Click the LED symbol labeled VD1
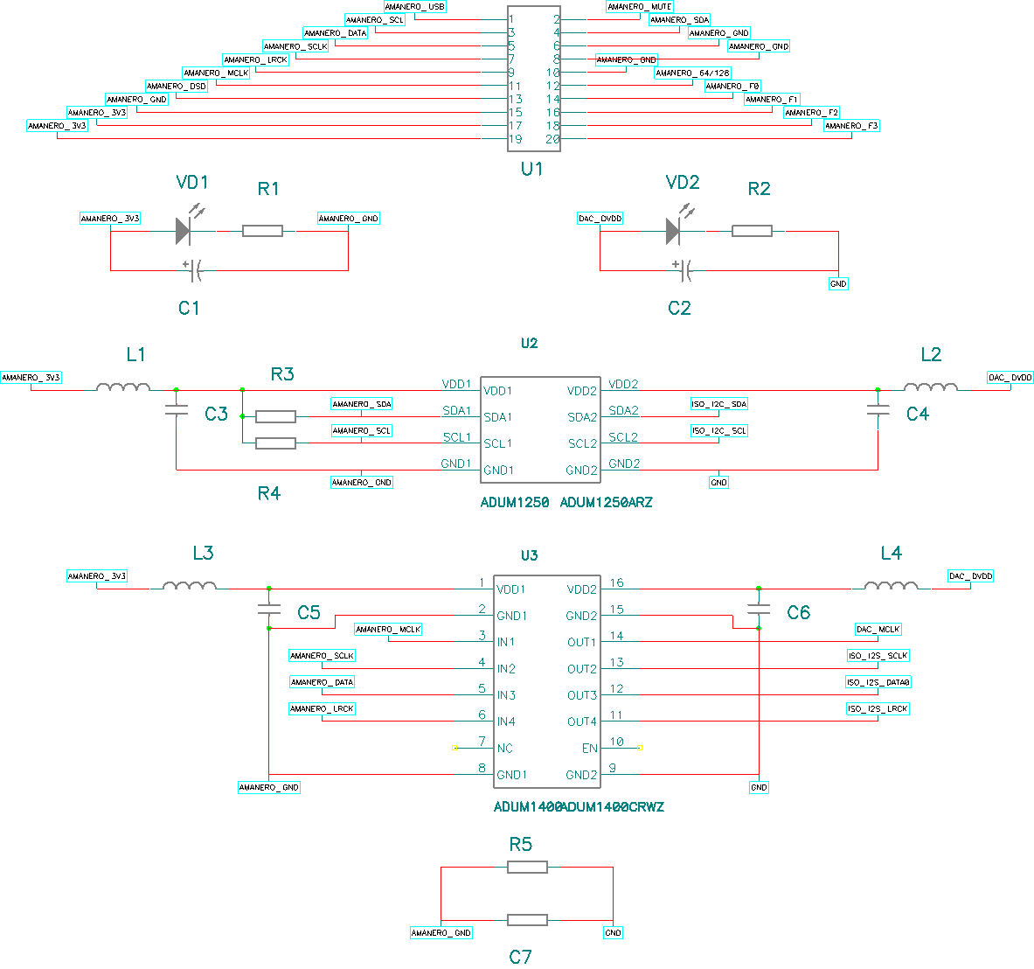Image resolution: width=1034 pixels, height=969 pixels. [x=183, y=231]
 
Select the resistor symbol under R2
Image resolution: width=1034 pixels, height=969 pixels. [x=752, y=231]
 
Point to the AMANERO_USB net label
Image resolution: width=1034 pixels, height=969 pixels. [x=415, y=7]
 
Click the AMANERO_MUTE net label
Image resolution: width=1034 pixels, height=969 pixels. [x=640, y=7]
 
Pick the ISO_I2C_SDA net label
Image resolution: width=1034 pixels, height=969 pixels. [x=719, y=404]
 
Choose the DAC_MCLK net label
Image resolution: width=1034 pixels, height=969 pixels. [x=878, y=630]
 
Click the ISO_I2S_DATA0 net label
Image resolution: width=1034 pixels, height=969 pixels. [x=878, y=682]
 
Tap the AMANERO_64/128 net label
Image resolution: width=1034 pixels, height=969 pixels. [x=692, y=73]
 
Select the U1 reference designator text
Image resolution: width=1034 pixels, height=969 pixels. [x=531, y=169]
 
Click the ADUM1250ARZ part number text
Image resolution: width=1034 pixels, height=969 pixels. [x=606, y=503]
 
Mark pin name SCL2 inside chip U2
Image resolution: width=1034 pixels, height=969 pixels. [x=582, y=444]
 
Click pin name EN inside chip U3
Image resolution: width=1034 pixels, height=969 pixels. [x=590, y=749]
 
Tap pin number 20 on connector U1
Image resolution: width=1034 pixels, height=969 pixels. [x=552, y=140]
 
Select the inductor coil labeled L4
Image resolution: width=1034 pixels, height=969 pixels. [x=891, y=585]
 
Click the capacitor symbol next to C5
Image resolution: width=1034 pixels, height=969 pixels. [x=269, y=608]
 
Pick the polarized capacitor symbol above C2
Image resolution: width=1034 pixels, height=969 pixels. [x=683, y=270]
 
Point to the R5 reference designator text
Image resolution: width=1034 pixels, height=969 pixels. [x=520, y=845]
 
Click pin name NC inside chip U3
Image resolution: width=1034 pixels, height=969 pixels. [x=504, y=749]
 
